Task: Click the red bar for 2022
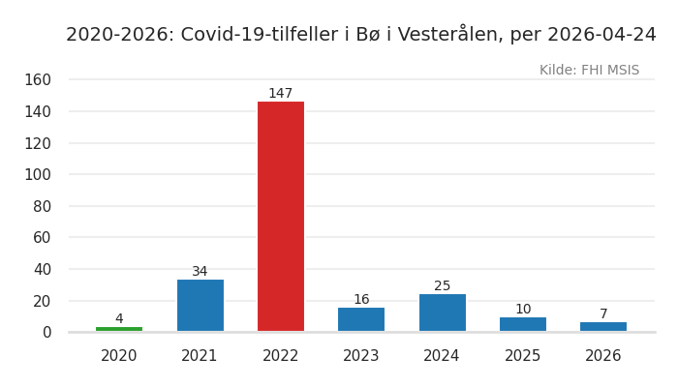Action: click(281, 217)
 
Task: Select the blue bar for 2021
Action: click(200, 306)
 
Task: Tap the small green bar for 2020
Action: click(119, 329)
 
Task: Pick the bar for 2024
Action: click(442, 313)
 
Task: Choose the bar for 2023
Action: click(361, 319)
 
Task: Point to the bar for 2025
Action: click(523, 324)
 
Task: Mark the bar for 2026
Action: click(603, 326)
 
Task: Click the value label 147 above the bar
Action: click(281, 94)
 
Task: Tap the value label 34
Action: click(200, 272)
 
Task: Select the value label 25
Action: click(442, 286)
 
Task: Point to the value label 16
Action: click(361, 300)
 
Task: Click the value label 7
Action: click(603, 314)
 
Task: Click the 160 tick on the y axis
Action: click(38, 79)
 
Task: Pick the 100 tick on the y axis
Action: click(38, 174)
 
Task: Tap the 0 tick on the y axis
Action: click(46, 332)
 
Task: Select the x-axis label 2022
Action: click(281, 356)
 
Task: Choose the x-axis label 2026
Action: click(603, 356)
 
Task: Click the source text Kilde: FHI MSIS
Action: click(589, 71)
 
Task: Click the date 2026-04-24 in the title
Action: click(601, 35)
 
